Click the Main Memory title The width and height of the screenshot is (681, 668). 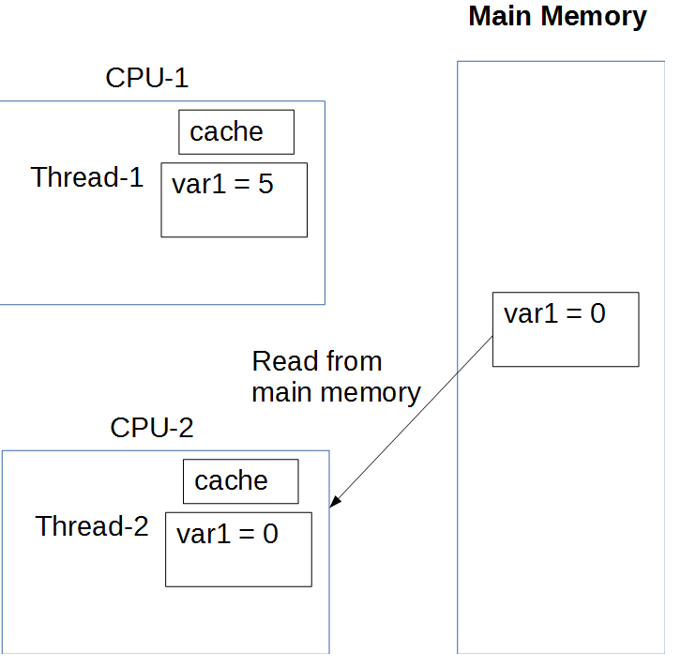557,17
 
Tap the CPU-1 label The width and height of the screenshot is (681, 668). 147,78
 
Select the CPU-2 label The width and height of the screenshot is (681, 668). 152,428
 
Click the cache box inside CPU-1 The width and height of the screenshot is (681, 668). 236,132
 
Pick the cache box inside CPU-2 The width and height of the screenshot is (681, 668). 240,481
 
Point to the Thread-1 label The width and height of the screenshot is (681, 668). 87,177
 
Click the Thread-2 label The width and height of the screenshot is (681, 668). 92,526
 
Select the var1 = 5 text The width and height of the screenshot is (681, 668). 222,185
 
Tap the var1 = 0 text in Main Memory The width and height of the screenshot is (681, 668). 554,313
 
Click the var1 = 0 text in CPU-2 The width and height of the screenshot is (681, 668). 227,535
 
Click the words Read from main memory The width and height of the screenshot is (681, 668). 336,376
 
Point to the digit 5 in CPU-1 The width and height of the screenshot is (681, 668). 265,185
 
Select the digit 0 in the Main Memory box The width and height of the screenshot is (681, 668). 598,313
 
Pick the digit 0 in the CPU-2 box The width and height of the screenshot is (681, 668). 270,535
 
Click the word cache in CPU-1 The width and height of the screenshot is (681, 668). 226,132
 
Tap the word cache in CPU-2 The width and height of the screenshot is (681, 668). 231,481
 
